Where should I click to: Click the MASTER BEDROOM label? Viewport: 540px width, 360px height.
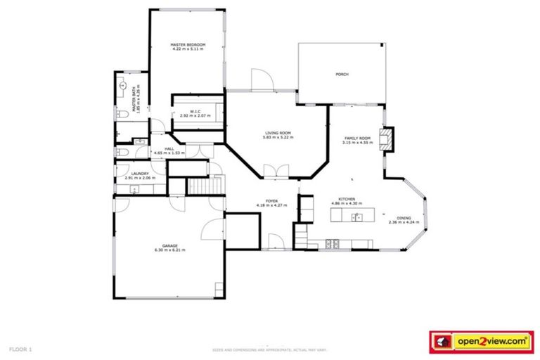pos(188,45)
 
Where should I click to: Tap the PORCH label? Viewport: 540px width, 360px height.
pos(342,74)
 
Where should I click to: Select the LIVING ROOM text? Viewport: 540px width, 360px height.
pos(278,133)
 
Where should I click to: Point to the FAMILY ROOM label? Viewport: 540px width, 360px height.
pos(356,139)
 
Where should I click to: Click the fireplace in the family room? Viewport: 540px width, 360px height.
pos(386,139)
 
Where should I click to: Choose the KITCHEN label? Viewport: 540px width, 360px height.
pos(346,199)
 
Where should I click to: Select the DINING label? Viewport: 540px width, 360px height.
pos(404,219)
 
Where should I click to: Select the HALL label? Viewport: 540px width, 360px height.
pos(169,148)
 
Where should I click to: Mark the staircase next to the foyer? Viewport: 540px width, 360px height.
pos(198,186)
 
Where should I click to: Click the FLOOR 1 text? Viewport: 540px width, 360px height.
pos(20,349)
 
